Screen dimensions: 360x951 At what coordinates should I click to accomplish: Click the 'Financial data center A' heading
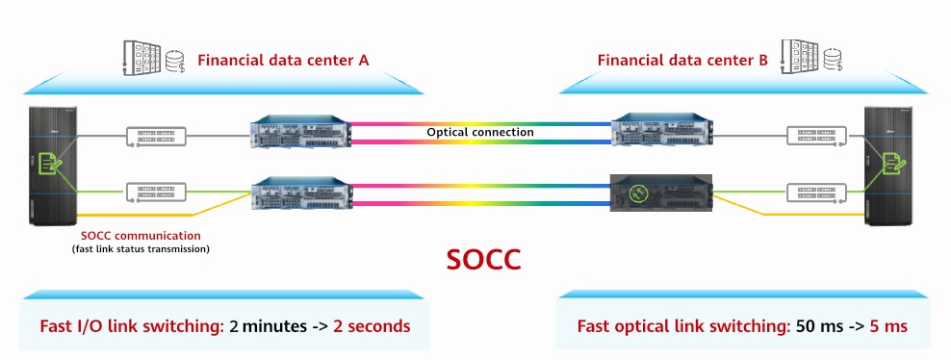(283, 61)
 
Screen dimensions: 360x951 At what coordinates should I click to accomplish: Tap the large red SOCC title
(484, 260)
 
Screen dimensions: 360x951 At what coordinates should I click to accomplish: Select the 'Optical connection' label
(481, 132)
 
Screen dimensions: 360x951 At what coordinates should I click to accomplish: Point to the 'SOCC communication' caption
(141, 234)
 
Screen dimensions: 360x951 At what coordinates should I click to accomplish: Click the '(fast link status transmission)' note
(141, 249)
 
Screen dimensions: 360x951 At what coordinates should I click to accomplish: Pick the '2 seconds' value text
(372, 326)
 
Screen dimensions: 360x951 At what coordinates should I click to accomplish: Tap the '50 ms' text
(818, 326)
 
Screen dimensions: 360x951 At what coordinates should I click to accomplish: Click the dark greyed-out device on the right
(659, 194)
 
